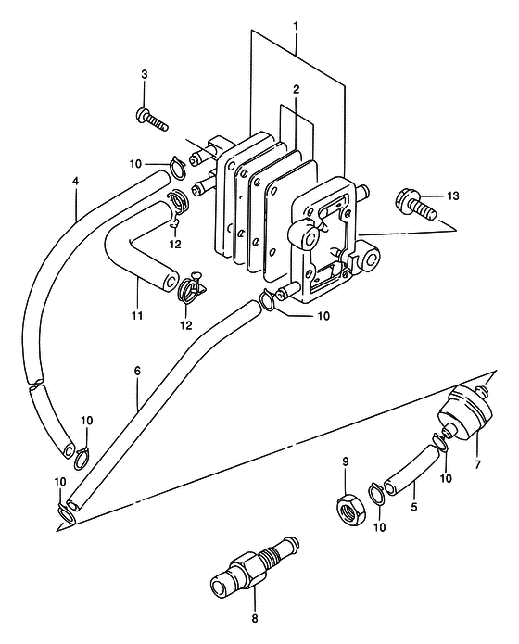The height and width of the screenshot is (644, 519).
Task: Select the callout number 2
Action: (297, 89)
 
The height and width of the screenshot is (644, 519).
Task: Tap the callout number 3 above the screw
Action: (145, 75)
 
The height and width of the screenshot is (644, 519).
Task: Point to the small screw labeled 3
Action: (151, 120)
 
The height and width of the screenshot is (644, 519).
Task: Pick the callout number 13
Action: (452, 196)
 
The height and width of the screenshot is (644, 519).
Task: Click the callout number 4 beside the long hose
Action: (75, 181)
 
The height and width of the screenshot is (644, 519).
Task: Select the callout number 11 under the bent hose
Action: (137, 315)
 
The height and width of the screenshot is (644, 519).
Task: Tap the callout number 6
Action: (137, 371)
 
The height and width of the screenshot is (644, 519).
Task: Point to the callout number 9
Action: (345, 461)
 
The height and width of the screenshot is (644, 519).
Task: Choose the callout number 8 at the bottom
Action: (254, 619)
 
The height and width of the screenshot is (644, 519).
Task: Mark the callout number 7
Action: (477, 465)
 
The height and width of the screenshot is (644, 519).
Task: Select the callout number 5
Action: (413, 507)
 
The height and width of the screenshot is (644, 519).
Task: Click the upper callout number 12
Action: (175, 244)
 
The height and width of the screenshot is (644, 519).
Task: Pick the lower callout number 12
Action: (185, 325)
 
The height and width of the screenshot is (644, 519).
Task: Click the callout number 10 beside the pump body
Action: (323, 315)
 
